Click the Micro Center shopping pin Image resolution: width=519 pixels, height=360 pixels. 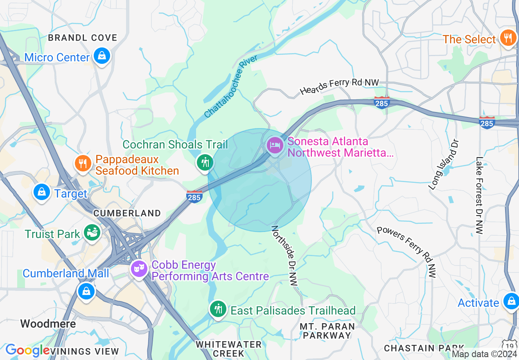click(x=102, y=56)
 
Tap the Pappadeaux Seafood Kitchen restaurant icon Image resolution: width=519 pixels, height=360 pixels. click(x=83, y=163)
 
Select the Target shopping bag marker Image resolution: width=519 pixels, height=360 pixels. click(x=42, y=192)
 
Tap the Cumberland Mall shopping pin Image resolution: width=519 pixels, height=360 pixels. click(x=86, y=291)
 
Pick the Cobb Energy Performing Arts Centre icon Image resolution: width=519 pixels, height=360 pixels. click(x=140, y=269)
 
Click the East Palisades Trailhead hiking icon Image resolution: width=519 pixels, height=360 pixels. click(x=218, y=309)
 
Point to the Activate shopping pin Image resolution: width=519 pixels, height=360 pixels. click(x=511, y=301)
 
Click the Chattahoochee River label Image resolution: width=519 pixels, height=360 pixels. click(x=231, y=87)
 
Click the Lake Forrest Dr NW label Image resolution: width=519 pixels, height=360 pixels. click(x=479, y=196)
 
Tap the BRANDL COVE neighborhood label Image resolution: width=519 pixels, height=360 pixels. click(x=82, y=38)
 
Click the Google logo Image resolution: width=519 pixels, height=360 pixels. click(x=27, y=350)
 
